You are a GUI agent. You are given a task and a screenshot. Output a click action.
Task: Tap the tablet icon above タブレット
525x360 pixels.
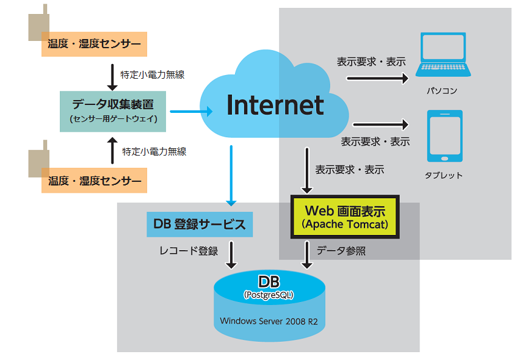444,136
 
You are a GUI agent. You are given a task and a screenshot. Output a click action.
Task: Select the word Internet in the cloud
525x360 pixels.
275,105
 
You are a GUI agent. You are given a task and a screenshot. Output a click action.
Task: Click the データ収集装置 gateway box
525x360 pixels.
114,111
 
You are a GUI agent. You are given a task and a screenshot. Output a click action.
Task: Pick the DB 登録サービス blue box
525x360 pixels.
200,224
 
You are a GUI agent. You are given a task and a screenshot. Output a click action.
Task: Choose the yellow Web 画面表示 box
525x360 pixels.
345,217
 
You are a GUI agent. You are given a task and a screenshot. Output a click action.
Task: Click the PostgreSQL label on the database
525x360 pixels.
269,295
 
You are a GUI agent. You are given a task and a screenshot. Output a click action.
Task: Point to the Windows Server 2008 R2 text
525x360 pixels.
269,320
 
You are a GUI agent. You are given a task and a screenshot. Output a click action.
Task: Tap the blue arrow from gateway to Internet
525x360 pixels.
191,111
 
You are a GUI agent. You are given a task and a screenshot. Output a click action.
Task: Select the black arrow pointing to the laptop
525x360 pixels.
377,78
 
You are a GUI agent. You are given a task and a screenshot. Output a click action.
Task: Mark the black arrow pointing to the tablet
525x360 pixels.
380,124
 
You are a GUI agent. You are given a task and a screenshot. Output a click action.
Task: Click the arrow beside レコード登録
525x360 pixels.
231,254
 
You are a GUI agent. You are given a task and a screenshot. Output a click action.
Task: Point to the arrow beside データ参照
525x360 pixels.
307,254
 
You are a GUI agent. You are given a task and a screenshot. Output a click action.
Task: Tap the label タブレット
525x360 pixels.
444,175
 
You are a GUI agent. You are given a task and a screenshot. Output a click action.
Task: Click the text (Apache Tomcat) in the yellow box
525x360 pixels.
345,225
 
